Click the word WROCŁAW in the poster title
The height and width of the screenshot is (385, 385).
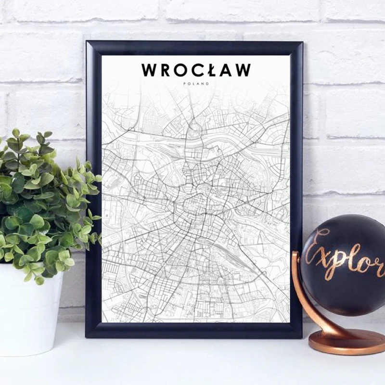(x=196, y=70)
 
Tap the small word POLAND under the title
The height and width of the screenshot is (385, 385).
(x=196, y=84)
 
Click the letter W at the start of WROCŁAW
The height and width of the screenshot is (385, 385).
(x=149, y=70)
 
